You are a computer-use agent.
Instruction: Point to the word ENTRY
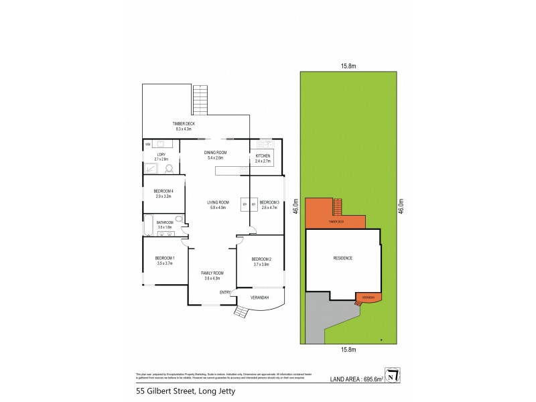point(225,293)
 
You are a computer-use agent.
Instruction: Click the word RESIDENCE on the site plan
point(342,258)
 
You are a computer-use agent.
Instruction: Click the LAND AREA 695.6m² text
point(356,379)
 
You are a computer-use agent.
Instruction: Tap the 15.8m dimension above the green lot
point(347,66)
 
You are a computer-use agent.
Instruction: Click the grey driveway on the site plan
point(315,322)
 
